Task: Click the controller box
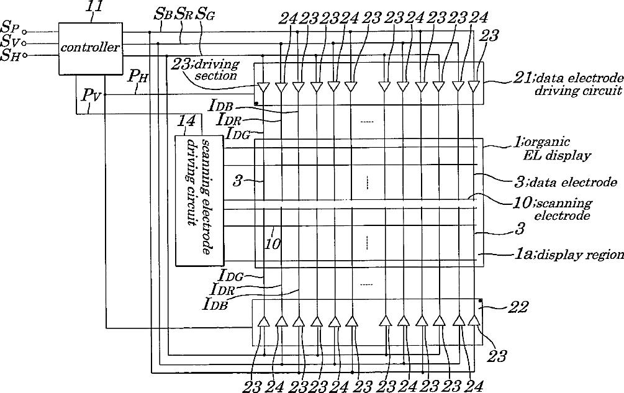[89, 48]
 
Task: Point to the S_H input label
[10, 56]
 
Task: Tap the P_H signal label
[138, 77]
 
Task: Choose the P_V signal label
[91, 96]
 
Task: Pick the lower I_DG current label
[231, 275]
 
